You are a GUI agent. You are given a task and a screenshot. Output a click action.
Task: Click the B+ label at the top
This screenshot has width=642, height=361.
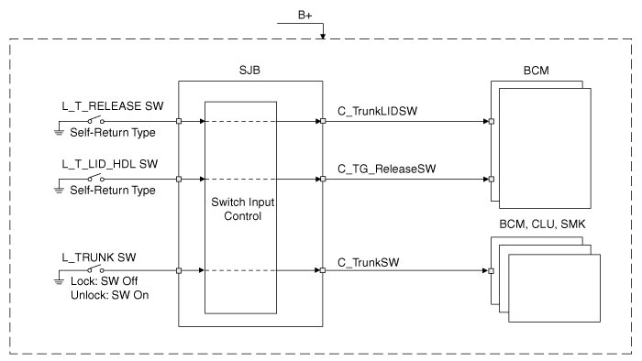[x=305, y=16]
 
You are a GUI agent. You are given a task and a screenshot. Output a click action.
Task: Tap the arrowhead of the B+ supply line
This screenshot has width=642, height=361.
[x=323, y=37]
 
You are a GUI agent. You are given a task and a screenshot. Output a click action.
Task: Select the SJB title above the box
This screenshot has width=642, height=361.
[x=249, y=71]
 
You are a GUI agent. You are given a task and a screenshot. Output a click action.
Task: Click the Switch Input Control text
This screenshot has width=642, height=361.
[x=243, y=209]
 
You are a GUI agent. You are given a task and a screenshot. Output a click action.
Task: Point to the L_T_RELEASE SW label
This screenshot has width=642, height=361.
[x=113, y=106]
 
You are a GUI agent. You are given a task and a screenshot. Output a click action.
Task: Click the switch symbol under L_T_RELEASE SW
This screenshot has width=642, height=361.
[x=95, y=120]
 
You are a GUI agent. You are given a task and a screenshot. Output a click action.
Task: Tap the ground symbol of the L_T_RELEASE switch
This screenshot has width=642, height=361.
[x=59, y=132]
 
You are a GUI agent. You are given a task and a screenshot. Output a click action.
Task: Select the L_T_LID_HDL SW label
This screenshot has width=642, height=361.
[x=110, y=164]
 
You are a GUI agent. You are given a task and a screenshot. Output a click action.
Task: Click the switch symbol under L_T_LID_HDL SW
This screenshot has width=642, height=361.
[x=95, y=178]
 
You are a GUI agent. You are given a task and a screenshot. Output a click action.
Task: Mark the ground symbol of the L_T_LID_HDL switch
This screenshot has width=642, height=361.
[x=59, y=190]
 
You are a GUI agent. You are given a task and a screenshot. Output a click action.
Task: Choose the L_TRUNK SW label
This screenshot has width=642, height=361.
[x=99, y=257]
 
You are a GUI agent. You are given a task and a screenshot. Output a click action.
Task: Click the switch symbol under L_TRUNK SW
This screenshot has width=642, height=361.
[x=95, y=269]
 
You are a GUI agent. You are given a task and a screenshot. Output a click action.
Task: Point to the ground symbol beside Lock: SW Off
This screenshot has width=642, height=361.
[x=59, y=281]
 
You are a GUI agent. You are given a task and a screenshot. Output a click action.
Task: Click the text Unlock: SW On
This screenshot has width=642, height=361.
[x=110, y=295]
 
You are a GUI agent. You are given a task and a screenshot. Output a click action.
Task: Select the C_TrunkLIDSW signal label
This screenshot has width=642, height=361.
[x=377, y=111]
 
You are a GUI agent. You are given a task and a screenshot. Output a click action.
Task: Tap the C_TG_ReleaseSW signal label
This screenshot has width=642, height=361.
[x=386, y=169]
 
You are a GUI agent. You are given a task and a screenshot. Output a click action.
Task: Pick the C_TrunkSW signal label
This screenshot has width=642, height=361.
[x=368, y=262]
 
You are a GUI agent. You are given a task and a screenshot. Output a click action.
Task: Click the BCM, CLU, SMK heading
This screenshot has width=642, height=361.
[x=542, y=224]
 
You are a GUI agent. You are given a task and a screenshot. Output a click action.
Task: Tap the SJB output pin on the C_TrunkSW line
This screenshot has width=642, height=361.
[x=323, y=270]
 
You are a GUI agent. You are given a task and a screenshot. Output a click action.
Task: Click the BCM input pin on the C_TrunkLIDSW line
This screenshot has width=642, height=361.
[x=492, y=121]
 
